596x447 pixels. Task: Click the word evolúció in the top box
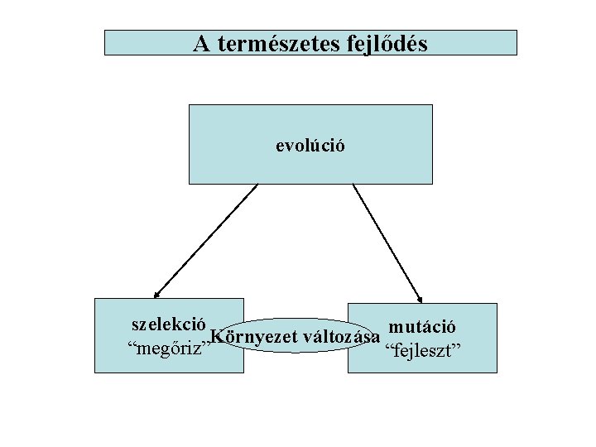point(310,146)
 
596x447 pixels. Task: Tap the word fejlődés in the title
point(384,44)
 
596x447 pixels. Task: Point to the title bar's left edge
point(105,43)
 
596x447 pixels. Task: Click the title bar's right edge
point(516,43)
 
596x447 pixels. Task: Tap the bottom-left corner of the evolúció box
point(190,183)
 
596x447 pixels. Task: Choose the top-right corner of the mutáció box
point(497,304)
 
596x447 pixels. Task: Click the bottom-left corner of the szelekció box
point(95,372)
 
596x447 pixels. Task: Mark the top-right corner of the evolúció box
point(432,105)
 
